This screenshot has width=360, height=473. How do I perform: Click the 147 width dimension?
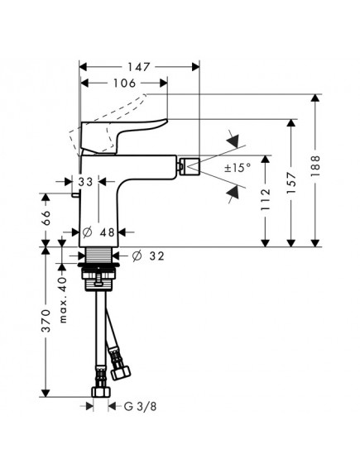point(138,67)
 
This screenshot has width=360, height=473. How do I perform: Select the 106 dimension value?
point(124,83)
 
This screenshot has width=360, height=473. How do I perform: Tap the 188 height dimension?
point(315,166)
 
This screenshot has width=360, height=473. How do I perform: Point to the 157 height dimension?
point(291,183)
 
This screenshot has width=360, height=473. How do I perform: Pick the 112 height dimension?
point(265,199)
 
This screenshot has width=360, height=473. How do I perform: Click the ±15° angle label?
point(238,167)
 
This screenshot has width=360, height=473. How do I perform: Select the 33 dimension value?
point(85,182)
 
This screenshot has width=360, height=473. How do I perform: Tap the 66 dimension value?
point(46,217)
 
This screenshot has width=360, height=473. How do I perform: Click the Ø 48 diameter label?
point(98,232)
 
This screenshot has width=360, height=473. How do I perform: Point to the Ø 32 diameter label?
point(148,256)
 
